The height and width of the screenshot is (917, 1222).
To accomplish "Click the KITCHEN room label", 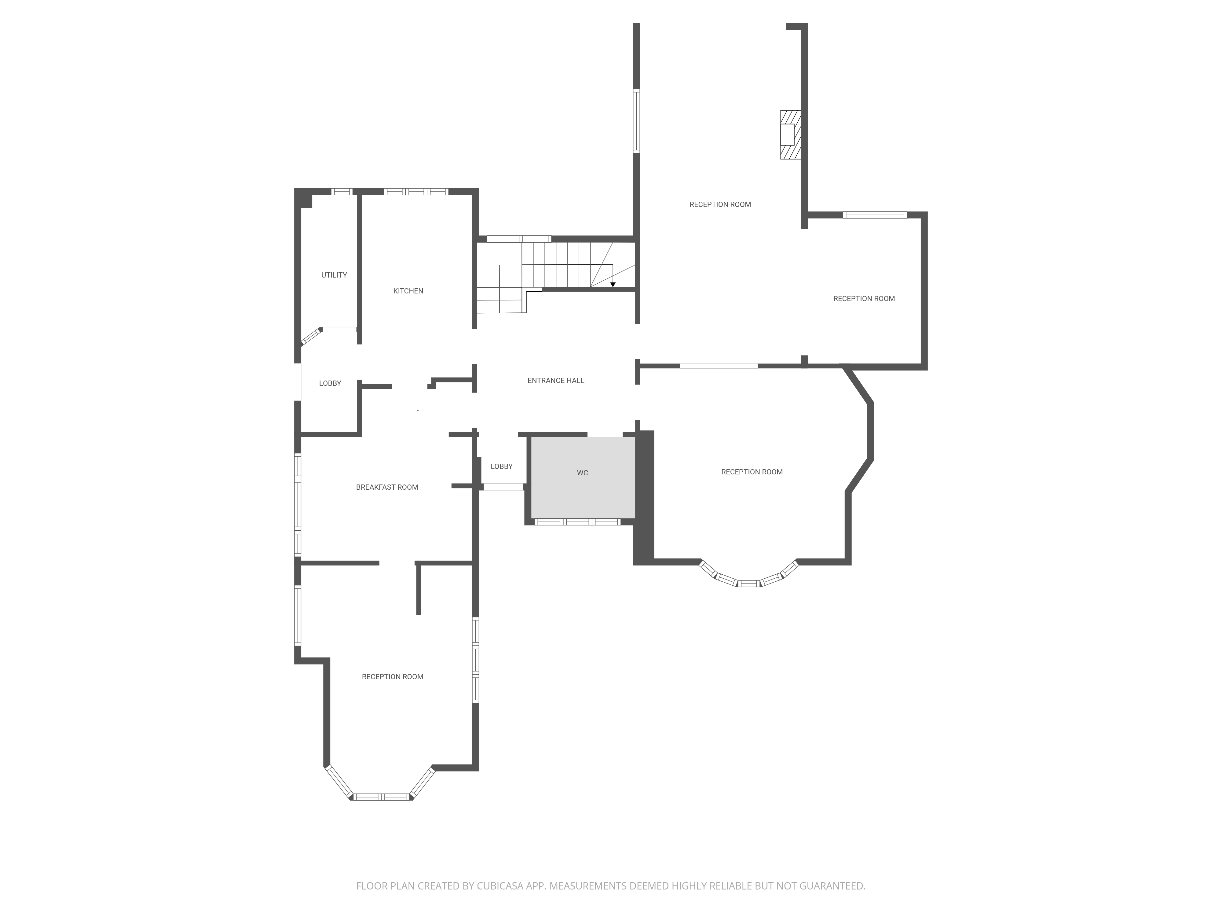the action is pos(408,291).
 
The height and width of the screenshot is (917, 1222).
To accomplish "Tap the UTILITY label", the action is pos(334,275).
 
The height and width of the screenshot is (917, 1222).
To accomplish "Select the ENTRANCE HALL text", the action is pos(556,380).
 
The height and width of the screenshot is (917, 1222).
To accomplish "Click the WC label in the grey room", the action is pos(582,473).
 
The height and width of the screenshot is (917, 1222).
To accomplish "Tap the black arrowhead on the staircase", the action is pos(613,285).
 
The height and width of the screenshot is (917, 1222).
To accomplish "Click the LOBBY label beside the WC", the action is pos(502,466).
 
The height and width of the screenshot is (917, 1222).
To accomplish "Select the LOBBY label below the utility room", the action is pos(330,383).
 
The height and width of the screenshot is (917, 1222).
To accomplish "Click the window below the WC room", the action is pos(577,521).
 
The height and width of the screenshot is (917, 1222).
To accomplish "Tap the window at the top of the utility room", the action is pos(342,192).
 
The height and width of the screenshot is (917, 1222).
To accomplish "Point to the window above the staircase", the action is pos(519,239).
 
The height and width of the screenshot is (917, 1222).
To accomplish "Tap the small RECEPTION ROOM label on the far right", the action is pos(864,298).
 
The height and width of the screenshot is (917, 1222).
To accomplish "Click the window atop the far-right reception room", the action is pos(875,215).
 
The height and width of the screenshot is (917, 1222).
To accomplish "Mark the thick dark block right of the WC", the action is pos(644,495).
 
